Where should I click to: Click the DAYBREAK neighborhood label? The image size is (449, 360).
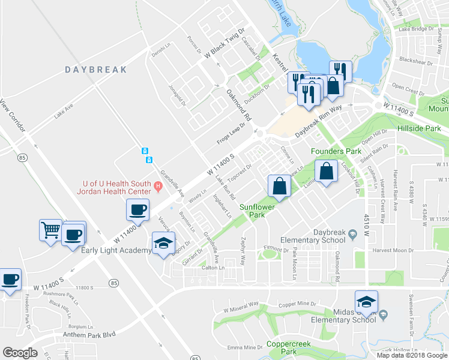click(x=96, y=70)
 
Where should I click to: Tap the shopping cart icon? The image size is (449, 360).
click(x=50, y=229)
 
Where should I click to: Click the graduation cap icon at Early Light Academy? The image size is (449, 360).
click(x=163, y=243)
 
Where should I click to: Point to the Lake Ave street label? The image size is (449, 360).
click(x=64, y=112)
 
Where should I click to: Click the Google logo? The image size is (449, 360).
click(x=20, y=353)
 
